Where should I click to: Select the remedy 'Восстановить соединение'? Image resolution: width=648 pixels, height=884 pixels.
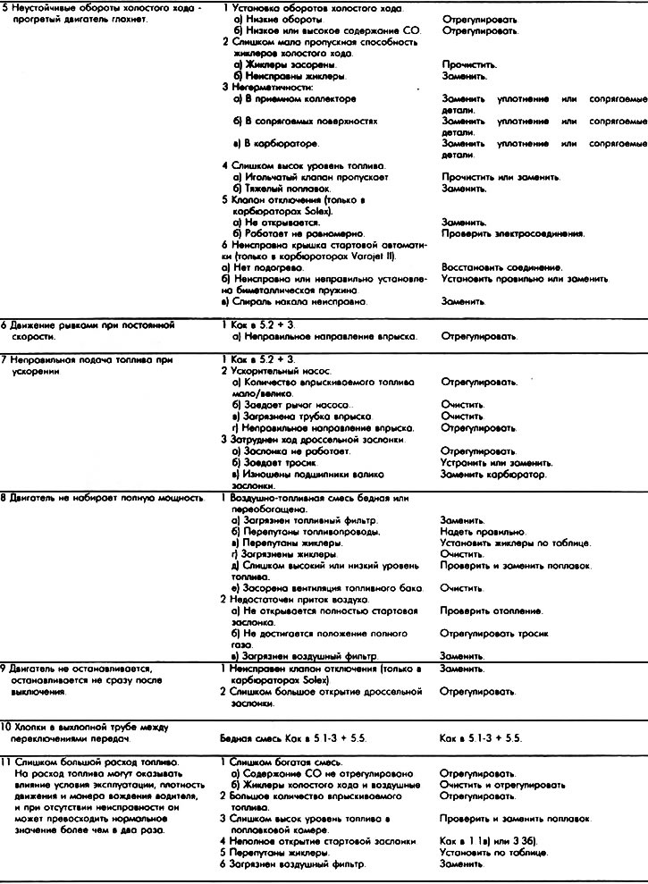[501, 267]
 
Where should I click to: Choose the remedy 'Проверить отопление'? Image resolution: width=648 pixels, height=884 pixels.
[492, 610]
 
